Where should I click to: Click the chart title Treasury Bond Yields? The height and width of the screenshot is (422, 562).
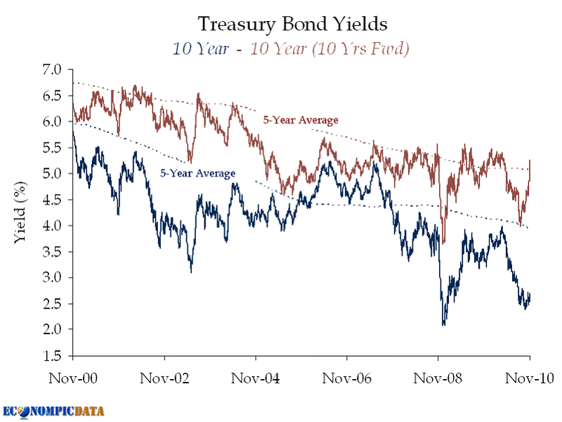[292, 25]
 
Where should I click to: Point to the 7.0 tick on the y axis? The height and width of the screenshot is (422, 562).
[53, 70]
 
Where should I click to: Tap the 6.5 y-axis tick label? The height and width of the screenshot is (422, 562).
[53, 96]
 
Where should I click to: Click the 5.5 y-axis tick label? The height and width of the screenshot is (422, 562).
[53, 148]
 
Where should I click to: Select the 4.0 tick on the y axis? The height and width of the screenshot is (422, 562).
[53, 226]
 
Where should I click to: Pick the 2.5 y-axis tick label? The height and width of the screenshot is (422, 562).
[53, 304]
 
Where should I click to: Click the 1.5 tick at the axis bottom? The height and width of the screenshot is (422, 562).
[53, 356]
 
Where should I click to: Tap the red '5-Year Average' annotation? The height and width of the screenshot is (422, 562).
[301, 120]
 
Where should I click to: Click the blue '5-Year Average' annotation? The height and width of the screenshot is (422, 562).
[197, 173]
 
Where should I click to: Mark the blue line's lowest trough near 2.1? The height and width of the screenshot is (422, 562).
[443, 324]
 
